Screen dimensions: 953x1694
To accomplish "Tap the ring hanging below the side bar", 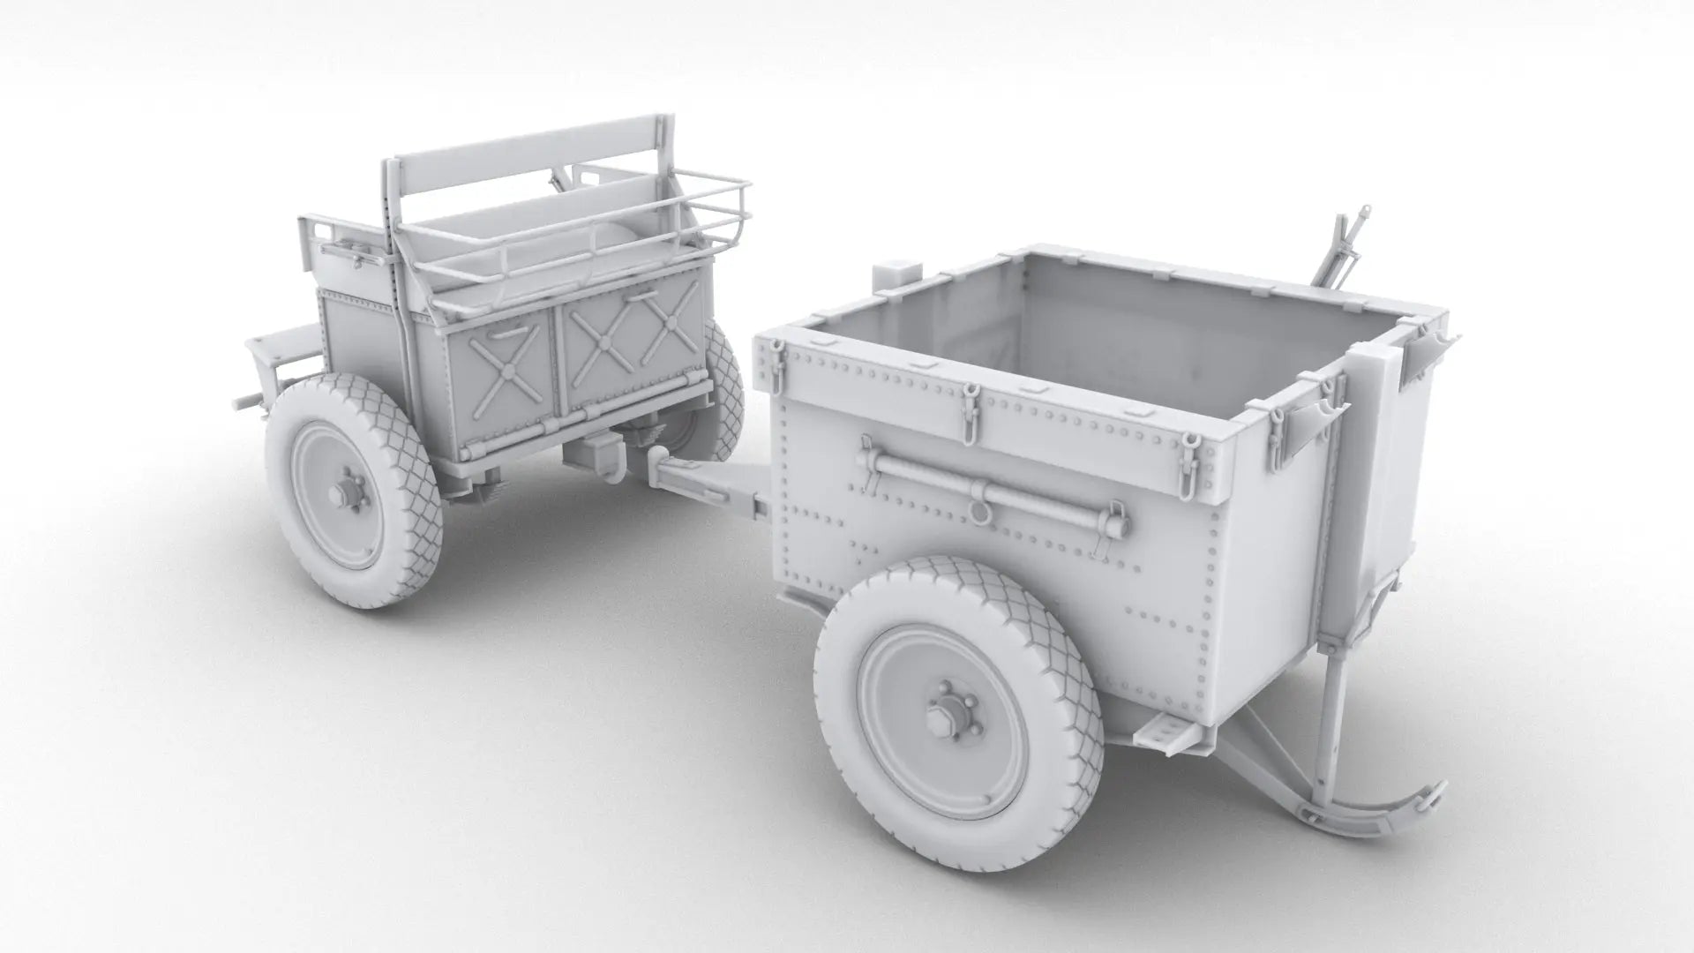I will [977, 511].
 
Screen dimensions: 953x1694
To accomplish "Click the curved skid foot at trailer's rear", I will [1376, 803].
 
